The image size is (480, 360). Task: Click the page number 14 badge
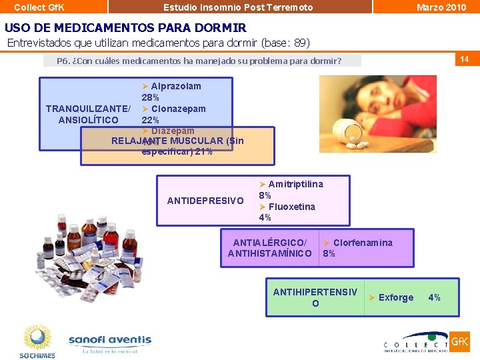pos(464,59)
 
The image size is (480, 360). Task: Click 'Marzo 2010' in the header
pos(441,7)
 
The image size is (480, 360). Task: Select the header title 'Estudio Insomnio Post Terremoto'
pos(238,7)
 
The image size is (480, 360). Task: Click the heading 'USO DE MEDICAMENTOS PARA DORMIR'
pos(125,28)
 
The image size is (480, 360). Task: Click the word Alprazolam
pos(175,86)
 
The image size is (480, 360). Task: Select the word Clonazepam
pos(178,109)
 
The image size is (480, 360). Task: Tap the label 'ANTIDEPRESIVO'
pos(205,201)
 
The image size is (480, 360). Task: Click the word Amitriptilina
pos(295,184)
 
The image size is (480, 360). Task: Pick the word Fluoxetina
pos(291,207)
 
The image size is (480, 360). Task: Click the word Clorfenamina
pos(362,243)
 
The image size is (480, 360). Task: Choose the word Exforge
pos(395,297)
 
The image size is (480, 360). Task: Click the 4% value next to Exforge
pos(434,297)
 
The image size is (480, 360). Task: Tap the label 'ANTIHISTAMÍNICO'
pos(269,253)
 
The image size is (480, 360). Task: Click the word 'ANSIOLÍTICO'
pos(89,120)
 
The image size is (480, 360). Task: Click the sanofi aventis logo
pos(110,343)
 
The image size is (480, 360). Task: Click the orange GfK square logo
pos(459,342)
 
